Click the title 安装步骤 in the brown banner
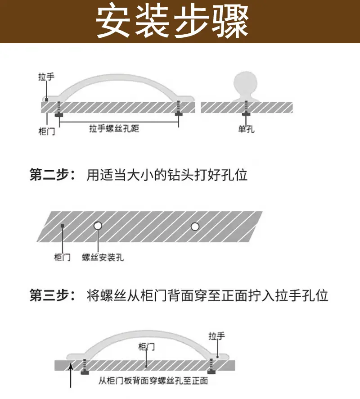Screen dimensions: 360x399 click(172, 22)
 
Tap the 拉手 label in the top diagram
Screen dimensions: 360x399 click(46, 77)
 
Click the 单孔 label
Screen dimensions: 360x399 click(246, 129)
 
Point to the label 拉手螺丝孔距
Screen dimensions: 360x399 click(114, 128)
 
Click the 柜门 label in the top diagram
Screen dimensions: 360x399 click(46, 131)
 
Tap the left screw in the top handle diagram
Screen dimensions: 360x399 click(59, 109)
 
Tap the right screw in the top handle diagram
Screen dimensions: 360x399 click(179, 109)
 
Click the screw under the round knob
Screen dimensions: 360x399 click(246, 109)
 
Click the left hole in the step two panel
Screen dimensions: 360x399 click(98, 226)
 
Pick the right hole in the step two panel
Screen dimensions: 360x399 click(195, 226)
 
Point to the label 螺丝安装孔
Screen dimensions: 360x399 click(103, 257)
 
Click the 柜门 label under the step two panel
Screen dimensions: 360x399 click(62, 257)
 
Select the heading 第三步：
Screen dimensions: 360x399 click(53, 295)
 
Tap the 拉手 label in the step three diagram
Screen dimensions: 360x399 click(216, 336)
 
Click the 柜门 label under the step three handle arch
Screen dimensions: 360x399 click(146, 347)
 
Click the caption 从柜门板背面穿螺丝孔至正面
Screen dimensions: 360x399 click(153, 381)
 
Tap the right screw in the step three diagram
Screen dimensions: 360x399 click(211, 366)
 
